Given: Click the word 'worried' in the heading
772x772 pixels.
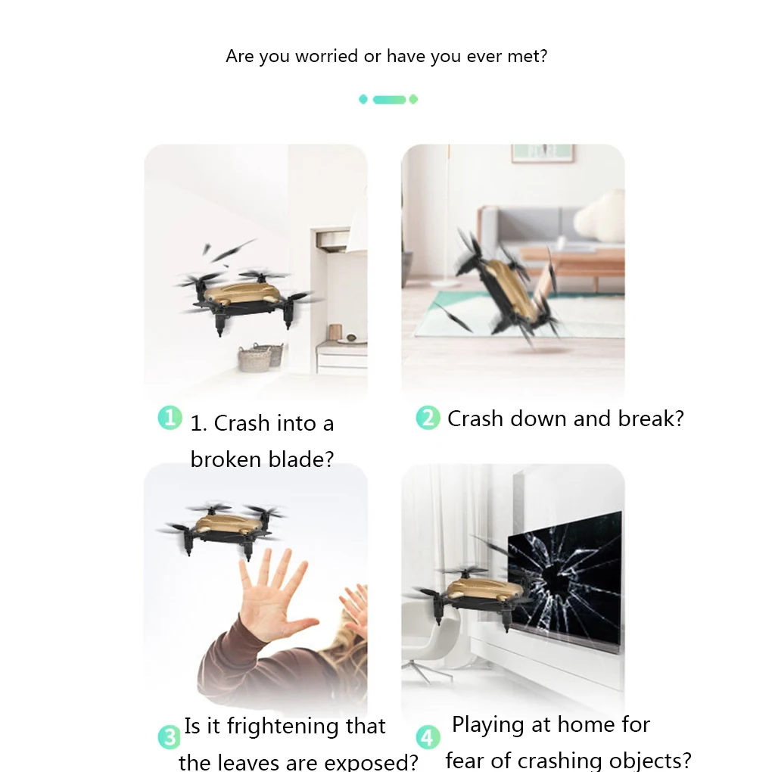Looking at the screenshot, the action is click(x=326, y=56).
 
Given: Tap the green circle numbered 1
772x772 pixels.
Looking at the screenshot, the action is click(x=170, y=418).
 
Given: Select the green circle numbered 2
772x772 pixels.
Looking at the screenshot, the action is click(x=428, y=418).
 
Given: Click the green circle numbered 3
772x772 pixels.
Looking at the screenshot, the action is click(x=170, y=737).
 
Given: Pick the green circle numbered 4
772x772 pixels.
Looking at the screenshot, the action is click(x=428, y=737).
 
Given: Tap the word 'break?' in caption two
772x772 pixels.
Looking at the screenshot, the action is click(x=651, y=419).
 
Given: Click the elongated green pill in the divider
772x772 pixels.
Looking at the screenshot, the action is click(x=389, y=99).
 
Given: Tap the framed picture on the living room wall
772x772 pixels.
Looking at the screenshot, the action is click(x=543, y=153).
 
